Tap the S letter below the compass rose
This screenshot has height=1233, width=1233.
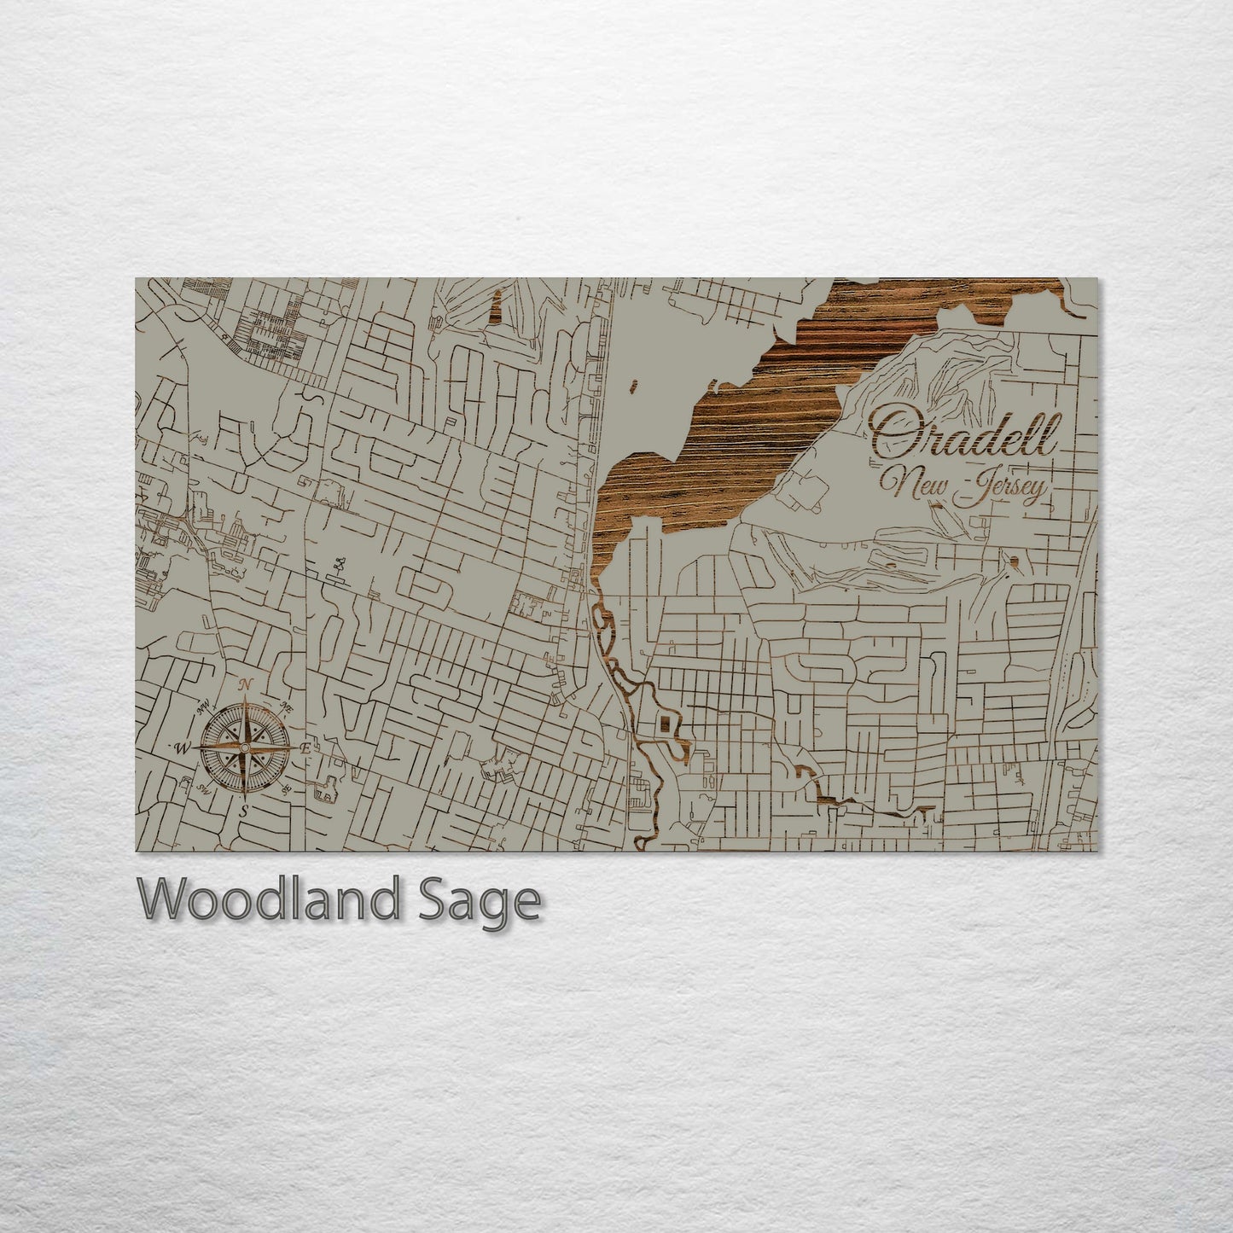pyautogui.click(x=243, y=811)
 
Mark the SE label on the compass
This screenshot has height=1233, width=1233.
pyautogui.click(x=287, y=788)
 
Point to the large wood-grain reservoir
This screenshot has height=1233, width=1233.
pyautogui.click(x=768, y=401)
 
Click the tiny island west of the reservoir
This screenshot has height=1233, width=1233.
pyautogui.click(x=633, y=387)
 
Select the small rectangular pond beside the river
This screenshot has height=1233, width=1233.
pyautogui.click(x=663, y=726)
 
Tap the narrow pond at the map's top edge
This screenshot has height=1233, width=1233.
pyautogui.click(x=495, y=306)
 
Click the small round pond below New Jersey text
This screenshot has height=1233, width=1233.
pyautogui.click(x=1014, y=561)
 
